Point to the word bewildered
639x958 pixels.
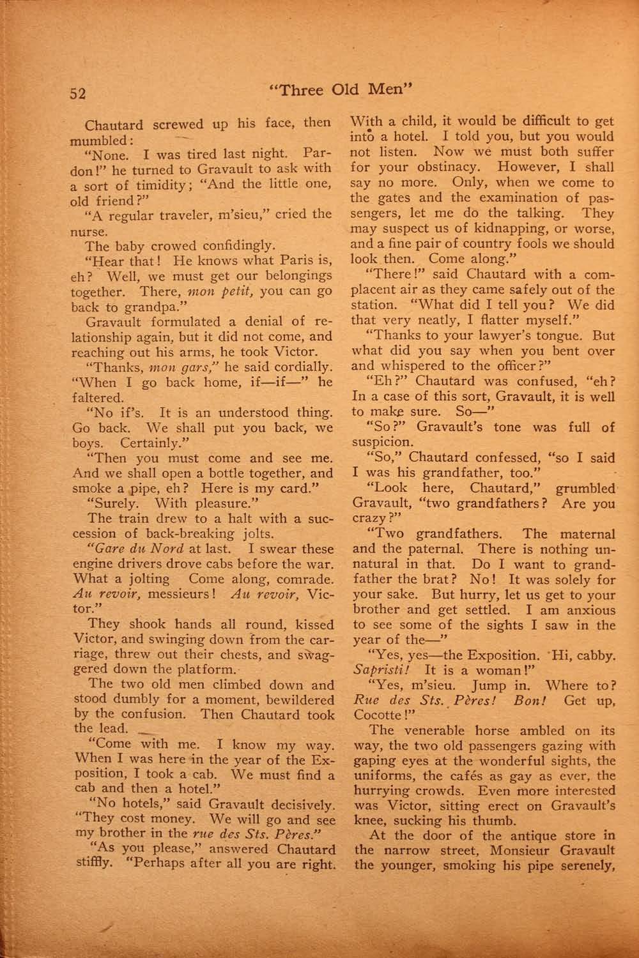(x=292, y=699)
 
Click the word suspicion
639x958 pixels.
(x=382, y=442)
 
